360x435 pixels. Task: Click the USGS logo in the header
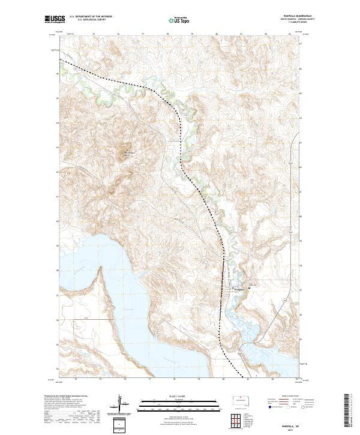[x=55, y=19]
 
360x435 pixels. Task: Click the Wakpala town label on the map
[x=239, y=289]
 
